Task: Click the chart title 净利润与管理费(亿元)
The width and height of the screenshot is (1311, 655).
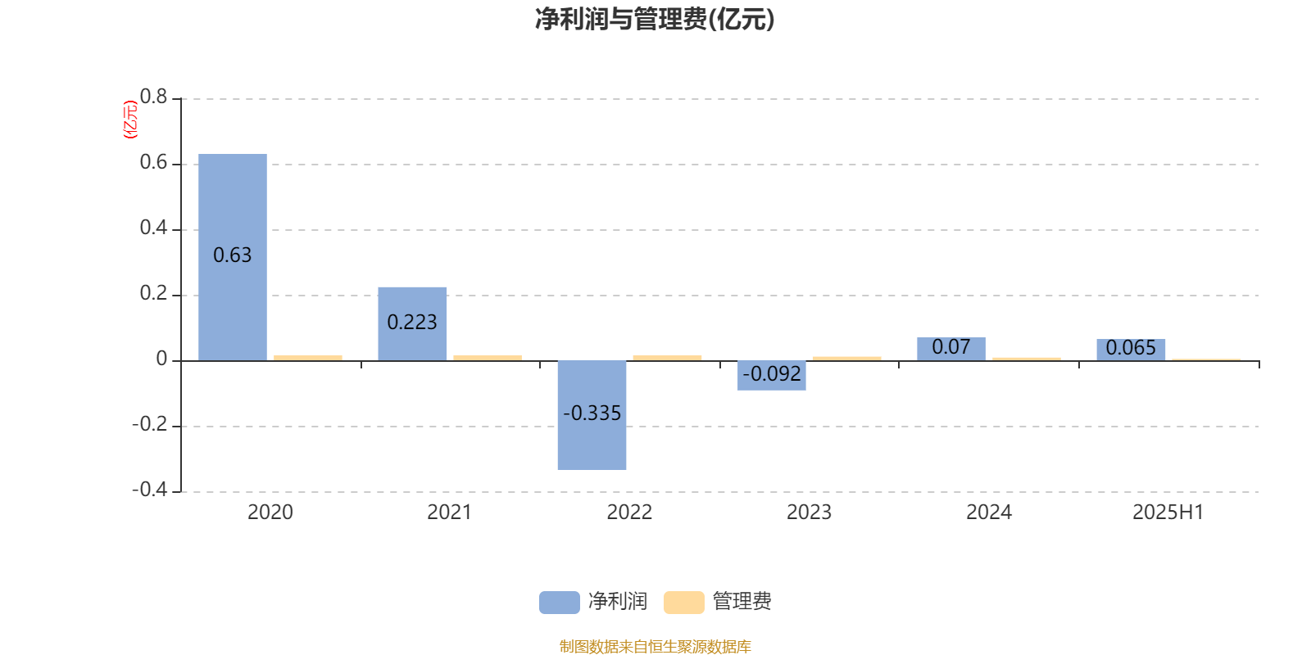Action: click(x=655, y=20)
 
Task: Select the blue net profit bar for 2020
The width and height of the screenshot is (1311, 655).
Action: click(x=233, y=257)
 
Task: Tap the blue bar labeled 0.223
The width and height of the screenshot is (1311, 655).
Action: click(x=412, y=324)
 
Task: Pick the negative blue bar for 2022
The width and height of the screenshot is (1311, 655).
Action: click(x=592, y=415)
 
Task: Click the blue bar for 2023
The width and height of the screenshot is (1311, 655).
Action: click(x=771, y=376)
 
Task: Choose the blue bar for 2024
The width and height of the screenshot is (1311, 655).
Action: click(x=951, y=349)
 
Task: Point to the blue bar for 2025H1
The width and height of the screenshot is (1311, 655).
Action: click(x=1131, y=350)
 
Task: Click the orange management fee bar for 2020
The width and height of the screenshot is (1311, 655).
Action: click(x=308, y=358)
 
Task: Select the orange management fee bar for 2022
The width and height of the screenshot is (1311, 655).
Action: click(x=667, y=358)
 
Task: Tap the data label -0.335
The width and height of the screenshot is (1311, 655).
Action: click(x=592, y=413)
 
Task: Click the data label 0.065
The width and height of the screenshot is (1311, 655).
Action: click(x=1131, y=348)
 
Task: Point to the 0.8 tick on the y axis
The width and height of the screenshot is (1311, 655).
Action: click(x=153, y=97)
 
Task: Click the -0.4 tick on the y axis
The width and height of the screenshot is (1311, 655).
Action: click(x=149, y=490)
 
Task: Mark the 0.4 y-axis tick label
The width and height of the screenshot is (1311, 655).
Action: click(x=153, y=228)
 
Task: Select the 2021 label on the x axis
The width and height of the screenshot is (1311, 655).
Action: click(x=449, y=513)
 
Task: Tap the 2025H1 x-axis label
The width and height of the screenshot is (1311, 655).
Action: click(x=1168, y=513)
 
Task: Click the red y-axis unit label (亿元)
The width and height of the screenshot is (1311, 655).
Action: click(x=130, y=120)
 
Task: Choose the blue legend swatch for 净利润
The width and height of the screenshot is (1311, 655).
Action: click(x=560, y=603)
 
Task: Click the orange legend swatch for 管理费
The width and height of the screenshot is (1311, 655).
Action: click(x=683, y=603)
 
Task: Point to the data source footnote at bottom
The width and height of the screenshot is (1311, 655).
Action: click(x=655, y=646)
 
